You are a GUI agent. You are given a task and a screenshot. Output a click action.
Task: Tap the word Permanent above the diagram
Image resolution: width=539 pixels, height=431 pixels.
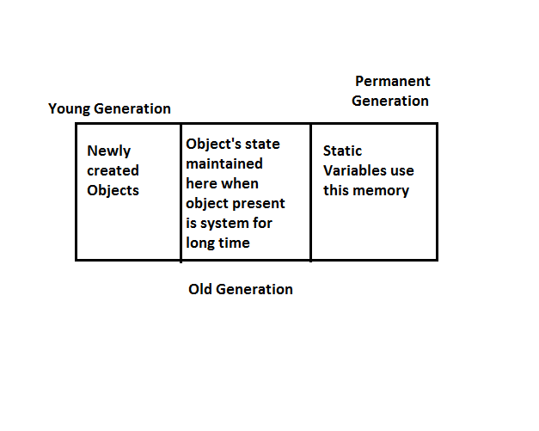point(392,82)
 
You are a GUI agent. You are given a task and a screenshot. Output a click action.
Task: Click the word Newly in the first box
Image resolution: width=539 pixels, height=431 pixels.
point(109,151)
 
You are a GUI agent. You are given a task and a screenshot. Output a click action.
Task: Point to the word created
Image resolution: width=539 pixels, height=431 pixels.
point(113,170)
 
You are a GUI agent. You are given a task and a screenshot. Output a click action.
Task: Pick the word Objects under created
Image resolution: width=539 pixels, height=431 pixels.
point(113,190)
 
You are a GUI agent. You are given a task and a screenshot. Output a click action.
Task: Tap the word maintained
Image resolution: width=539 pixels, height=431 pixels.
point(224,163)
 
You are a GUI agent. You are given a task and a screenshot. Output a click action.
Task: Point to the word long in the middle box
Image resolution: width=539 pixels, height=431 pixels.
point(200,243)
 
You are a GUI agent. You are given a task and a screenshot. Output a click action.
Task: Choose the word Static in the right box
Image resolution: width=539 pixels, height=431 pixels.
point(342,151)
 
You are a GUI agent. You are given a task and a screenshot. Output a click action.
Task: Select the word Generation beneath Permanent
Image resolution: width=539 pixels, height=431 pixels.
point(390,101)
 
